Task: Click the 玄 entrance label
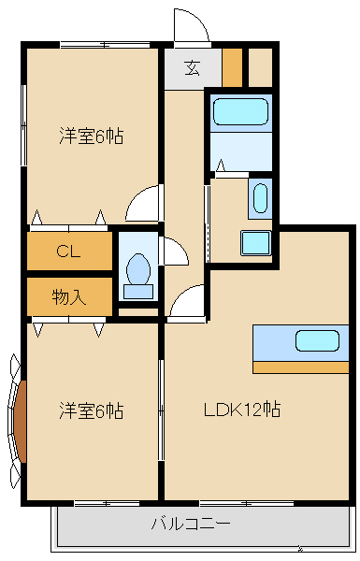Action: point(191,67)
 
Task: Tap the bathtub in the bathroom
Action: point(240,112)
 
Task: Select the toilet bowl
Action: point(138,269)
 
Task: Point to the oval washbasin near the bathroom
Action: point(260,199)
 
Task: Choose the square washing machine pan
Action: point(255,242)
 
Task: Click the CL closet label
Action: point(67,251)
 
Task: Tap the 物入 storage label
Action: point(67,297)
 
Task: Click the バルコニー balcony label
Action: point(191,523)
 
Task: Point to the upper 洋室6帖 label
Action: point(91,137)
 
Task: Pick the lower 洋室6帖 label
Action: point(91,410)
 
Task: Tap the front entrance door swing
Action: point(191,26)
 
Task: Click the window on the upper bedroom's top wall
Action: point(105,43)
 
